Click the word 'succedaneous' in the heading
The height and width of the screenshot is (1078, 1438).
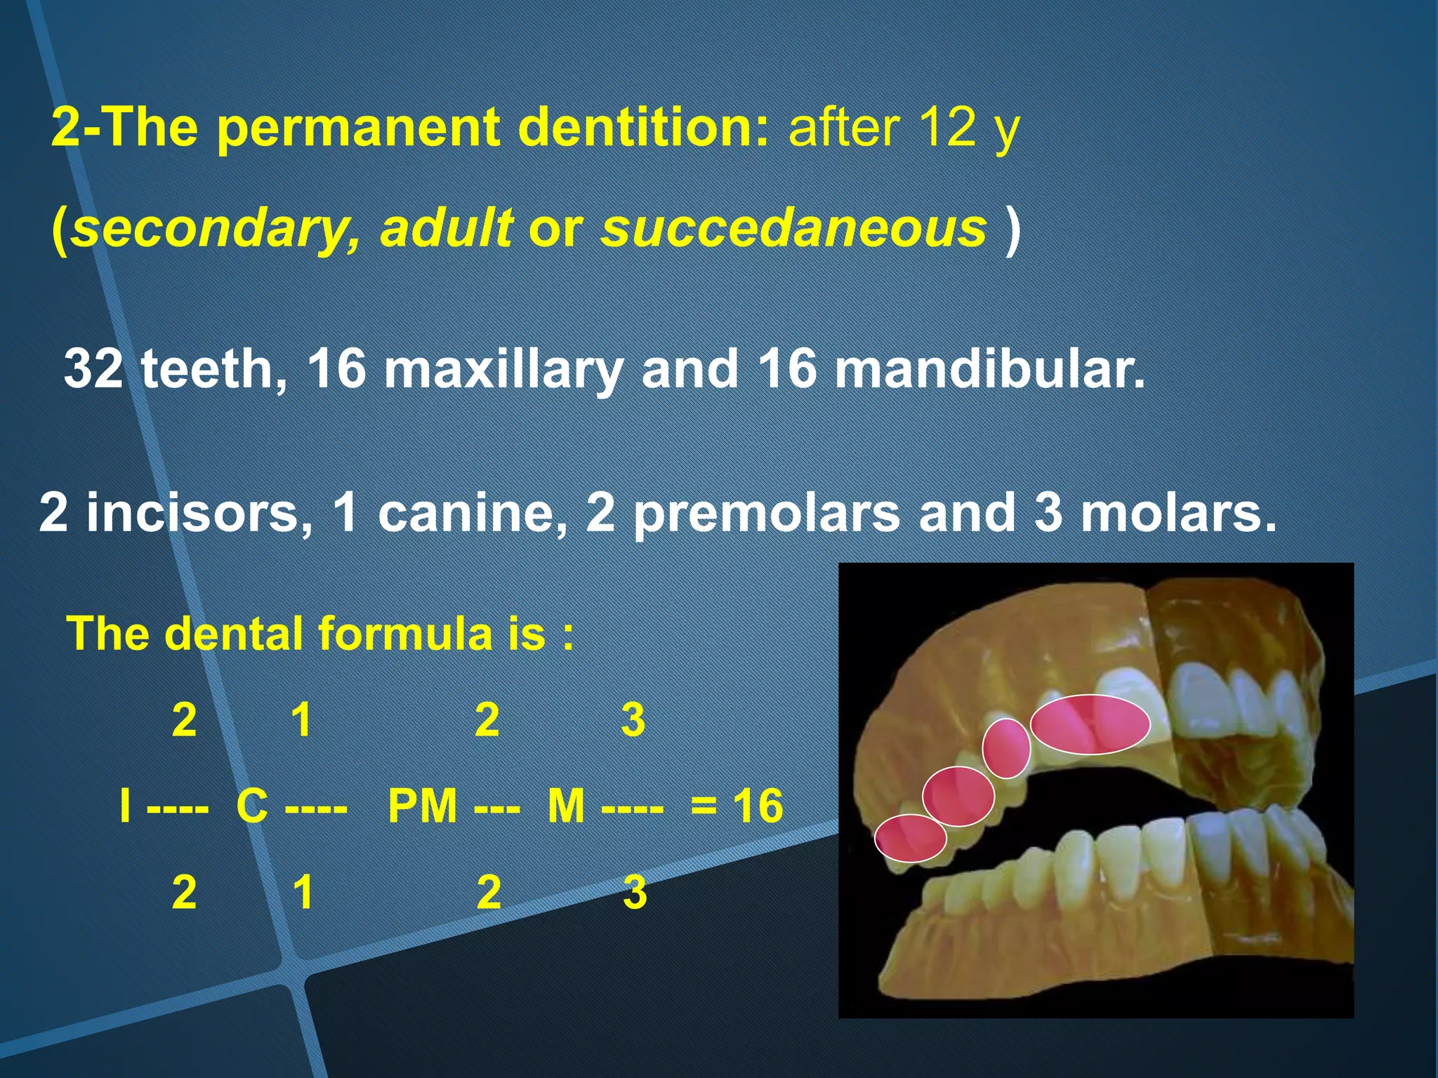[x=793, y=229]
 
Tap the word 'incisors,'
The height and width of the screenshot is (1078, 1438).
[x=199, y=512]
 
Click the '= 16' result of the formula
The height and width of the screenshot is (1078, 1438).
[x=736, y=805]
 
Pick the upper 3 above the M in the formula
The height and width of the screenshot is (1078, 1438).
[x=633, y=719]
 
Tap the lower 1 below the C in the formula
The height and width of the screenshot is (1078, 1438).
[x=303, y=892]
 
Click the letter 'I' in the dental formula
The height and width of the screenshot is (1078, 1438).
[x=125, y=805]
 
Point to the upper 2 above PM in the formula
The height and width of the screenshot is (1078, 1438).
[x=487, y=719]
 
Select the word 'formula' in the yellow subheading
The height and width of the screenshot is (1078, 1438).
[x=407, y=633]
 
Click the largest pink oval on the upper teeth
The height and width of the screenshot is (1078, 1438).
[x=1090, y=724]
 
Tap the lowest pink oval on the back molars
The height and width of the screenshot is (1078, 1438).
[x=910, y=838]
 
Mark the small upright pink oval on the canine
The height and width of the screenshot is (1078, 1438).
[x=1005, y=748]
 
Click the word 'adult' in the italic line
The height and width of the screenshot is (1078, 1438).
[x=447, y=229]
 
